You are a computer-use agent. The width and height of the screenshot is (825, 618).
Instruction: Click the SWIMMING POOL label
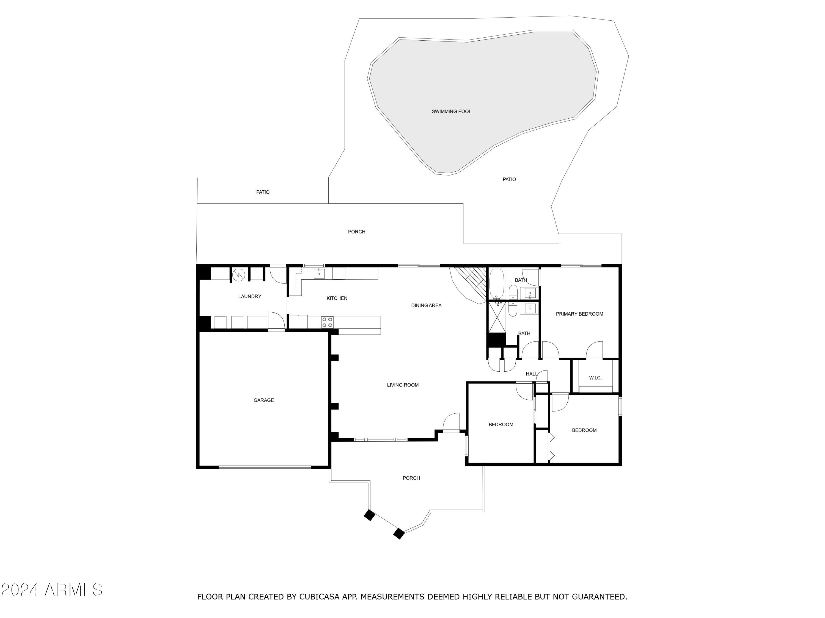[x=451, y=112]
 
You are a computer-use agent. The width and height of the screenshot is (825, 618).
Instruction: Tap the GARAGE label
[x=263, y=400]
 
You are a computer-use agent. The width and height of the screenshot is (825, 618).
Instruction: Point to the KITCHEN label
[x=337, y=298]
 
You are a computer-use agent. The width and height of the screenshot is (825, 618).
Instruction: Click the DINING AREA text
[x=426, y=305]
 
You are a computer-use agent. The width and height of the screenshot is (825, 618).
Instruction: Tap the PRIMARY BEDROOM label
[x=579, y=314]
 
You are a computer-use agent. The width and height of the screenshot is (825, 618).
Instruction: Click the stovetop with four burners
[x=327, y=322]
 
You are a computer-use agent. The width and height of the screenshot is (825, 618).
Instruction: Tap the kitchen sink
[x=319, y=273]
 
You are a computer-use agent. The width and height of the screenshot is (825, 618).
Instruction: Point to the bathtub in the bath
[x=496, y=283]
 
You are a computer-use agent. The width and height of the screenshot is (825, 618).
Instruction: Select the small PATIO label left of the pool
[x=263, y=192]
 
